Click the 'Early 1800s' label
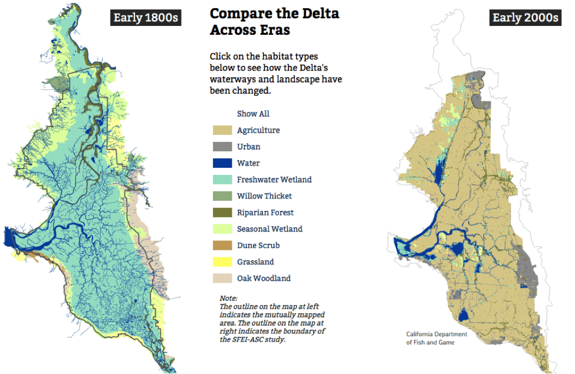pos(146,18)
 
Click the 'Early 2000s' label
pos(525,18)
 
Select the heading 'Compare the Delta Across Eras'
pos(274,22)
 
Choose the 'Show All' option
pos(253,114)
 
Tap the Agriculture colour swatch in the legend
pos(222,130)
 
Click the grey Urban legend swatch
pos(222,147)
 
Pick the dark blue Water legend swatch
pos(222,163)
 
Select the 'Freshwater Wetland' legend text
pos(274,180)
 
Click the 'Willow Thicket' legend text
pos(264,196)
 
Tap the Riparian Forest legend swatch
pos(222,213)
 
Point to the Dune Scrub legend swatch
pos(222,246)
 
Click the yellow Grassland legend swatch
pos(222,262)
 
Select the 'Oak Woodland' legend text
pos(264,279)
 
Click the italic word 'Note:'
pos(228,299)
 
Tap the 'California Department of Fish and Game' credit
pos(436,338)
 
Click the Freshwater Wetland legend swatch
pos(222,180)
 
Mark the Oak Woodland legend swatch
pos(222,279)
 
